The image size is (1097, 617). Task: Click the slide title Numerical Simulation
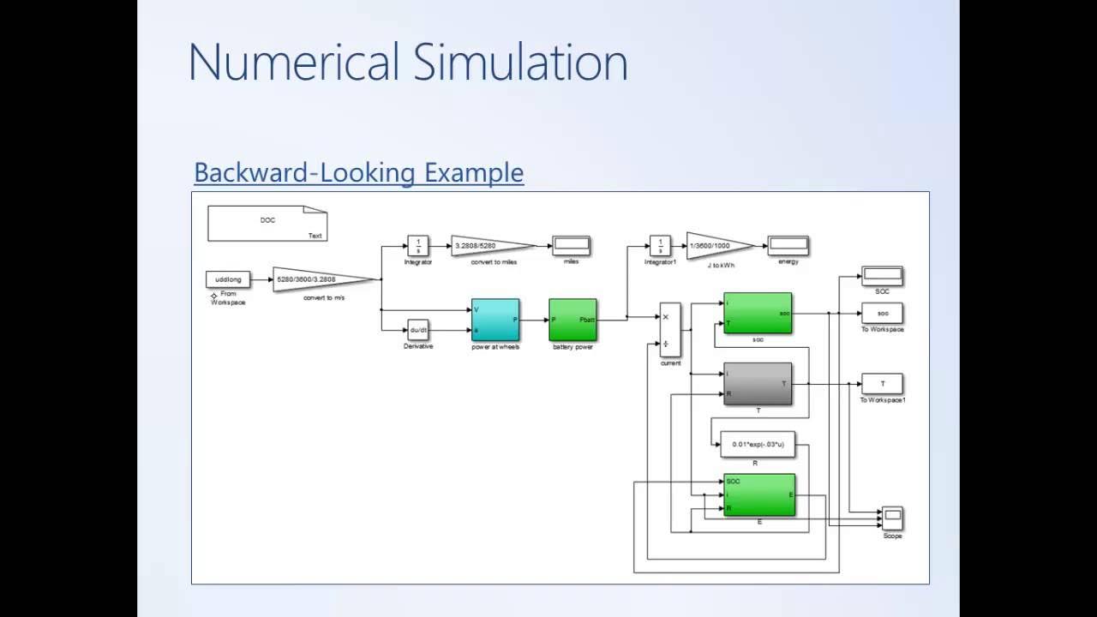coord(408,63)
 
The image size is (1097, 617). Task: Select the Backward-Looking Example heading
coord(358,172)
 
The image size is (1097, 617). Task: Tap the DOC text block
coord(267,222)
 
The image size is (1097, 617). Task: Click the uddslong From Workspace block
coord(228,279)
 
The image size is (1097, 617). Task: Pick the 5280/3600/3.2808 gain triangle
coord(317,279)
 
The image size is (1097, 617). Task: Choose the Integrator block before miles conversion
coord(417,245)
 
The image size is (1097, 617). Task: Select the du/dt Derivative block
coord(418,330)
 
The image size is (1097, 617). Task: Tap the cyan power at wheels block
coord(495,320)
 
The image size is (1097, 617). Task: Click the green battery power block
coord(572,320)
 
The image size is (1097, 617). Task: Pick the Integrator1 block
coord(660,245)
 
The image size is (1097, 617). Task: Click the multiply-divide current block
coord(670,329)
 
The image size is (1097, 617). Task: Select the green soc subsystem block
coord(758,314)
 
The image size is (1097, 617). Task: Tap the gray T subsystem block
coord(758,384)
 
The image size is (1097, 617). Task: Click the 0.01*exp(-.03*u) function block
coord(758,444)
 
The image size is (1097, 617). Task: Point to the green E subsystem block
coord(758,495)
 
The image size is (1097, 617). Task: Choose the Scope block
coord(892,518)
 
